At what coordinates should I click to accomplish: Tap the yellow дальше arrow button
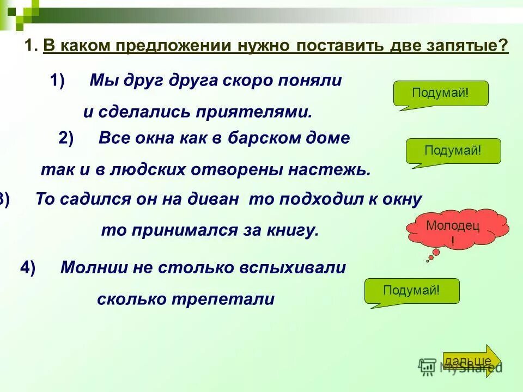[x=471, y=361]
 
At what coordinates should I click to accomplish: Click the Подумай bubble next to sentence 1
[x=440, y=93]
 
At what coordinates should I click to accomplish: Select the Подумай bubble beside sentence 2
[x=453, y=151]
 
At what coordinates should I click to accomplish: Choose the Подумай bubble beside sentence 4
[x=411, y=291]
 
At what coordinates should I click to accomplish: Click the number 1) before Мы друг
[x=57, y=81]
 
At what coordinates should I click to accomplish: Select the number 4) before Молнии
[x=28, y=267]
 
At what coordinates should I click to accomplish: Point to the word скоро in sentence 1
[x=249, y=81]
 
